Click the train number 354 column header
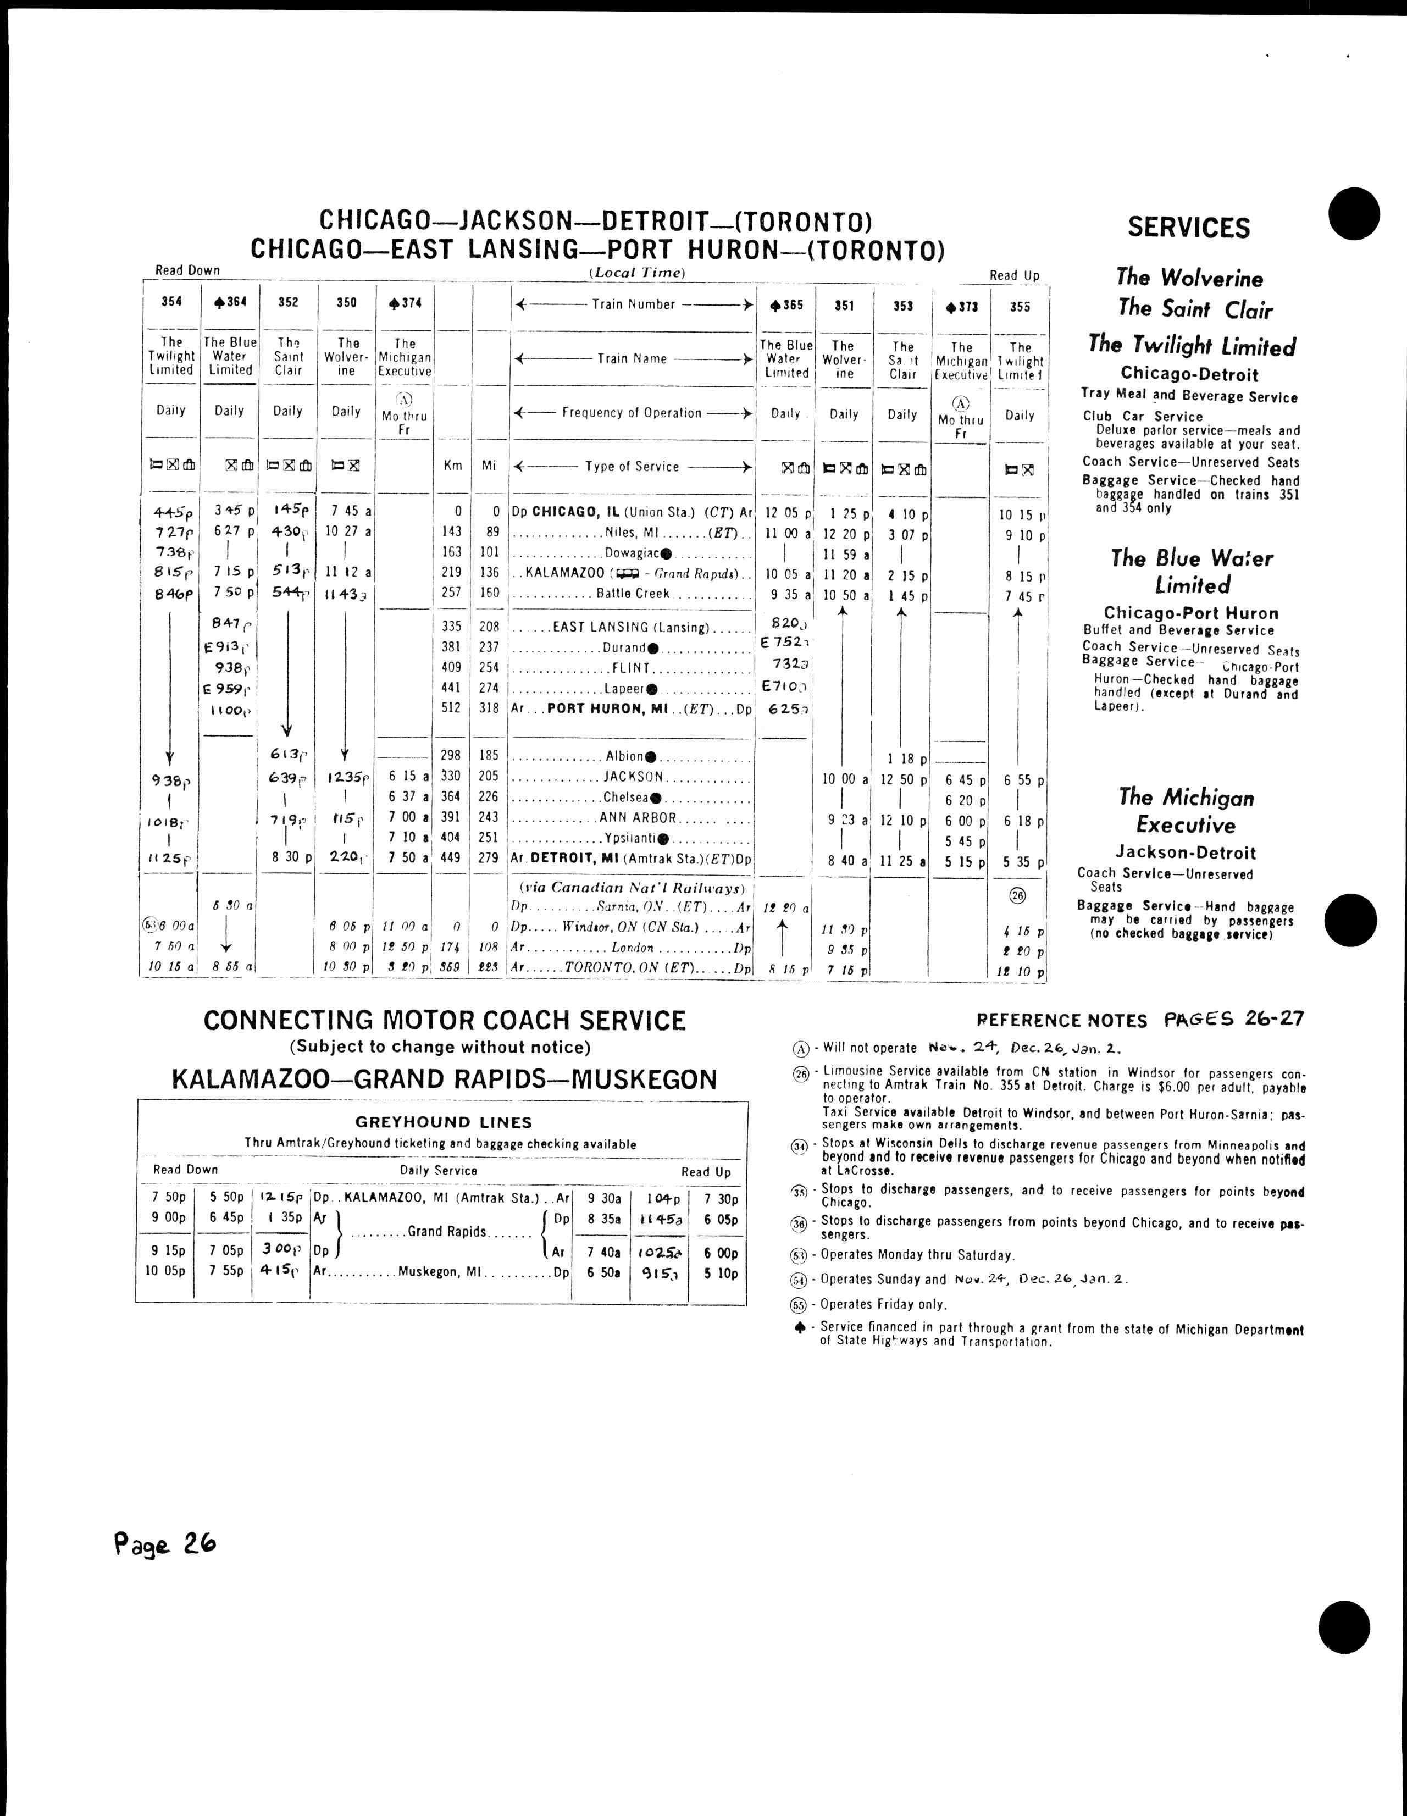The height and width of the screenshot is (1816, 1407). (x=171, y=302)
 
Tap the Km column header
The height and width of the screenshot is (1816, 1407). (x=452, y=466)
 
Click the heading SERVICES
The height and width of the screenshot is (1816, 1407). (x=1188, y=228)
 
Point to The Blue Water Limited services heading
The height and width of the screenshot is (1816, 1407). (x=1192, y=571)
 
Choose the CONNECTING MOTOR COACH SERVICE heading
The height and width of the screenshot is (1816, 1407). (x=445, y=1020)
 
